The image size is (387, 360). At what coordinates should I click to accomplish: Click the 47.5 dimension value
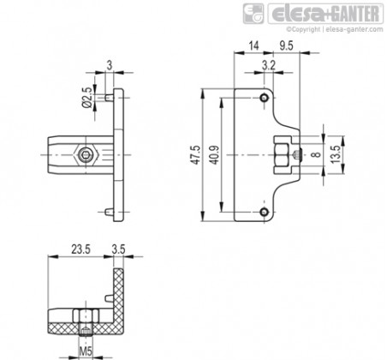[x=196, y=154]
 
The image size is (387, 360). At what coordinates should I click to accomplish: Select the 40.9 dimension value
[x=215, y=155]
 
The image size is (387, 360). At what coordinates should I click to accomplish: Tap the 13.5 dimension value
[x=336, y=154]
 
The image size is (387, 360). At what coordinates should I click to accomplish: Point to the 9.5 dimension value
[x=286, y=45]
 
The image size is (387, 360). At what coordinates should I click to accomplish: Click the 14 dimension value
[x=253, y=45]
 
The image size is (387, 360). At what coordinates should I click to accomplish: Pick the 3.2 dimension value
[x=269, y=65]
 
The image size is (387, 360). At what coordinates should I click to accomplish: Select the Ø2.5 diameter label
[x=87, y=98]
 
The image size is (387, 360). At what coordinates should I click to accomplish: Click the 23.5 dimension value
[x=80, y=249]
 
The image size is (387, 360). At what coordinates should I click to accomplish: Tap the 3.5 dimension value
[x=118, y=249]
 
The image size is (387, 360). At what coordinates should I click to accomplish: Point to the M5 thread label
[x=86, y=351]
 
